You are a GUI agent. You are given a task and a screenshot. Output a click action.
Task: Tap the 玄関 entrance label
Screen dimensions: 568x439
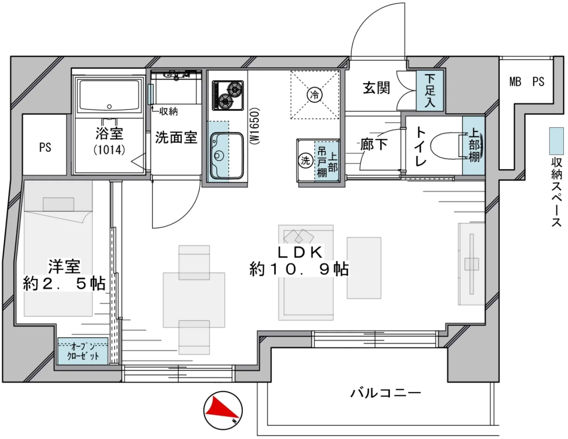pyautogui.click(x=376, y=88)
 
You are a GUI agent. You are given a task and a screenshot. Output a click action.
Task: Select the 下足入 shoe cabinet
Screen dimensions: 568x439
pyautogui.click(x=430, y=90)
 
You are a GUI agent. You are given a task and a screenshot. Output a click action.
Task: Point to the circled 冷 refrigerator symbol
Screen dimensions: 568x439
pyautogui.click(x=315, y=94)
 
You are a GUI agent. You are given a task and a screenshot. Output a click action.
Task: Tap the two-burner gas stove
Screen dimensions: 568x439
pyautogui.click(x=228, y=95)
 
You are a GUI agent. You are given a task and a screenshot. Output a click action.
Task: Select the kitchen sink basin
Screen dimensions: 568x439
pyautogui.click(x=227, y=156)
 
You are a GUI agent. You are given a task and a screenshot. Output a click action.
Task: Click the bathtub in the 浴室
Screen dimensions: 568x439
pyautogui.click(x=109, y=96)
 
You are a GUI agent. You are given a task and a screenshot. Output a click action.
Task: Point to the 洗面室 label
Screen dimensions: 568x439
pyautogui.click(x=176, y=137)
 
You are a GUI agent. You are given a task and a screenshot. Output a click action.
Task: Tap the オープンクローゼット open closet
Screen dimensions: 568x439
pyautogui.click(x=83, y=351)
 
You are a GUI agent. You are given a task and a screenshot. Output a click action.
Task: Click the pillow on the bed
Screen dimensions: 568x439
pyautogui.click(x=58, y=204)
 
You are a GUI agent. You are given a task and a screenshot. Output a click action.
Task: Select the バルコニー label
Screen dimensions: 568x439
pyautogui.click(x=386, y=393)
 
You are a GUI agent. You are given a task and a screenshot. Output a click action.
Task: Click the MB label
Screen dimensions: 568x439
pyautogui.click(x=515, y=82)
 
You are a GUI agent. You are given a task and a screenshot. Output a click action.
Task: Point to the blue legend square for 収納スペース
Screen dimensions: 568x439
pyautogui.click(x=556, y=141)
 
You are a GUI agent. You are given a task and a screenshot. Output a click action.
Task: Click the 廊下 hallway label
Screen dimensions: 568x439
pyautogui.click(x=374, y=144)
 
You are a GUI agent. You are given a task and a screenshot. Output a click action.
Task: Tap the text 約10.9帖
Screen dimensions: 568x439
pyautogui.click(x=299, y=269)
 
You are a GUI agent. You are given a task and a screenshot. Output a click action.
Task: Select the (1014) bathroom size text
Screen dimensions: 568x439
pyautogui.click(x=109, y=150)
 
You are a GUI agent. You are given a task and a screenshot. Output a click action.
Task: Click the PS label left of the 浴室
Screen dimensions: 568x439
pyautogui.click(x=45, y=147)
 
